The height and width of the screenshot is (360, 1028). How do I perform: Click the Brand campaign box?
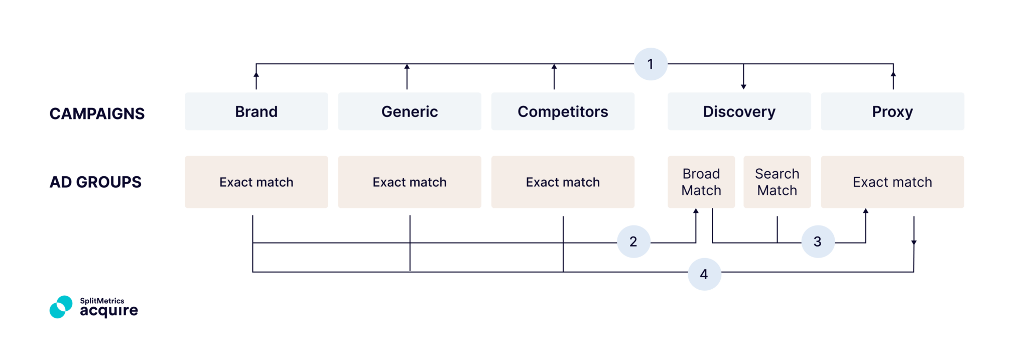[x=256, y=111]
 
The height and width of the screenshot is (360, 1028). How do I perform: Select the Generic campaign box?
[x=409, y=111]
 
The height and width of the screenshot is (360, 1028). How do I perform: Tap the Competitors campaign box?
[x=562, y=111]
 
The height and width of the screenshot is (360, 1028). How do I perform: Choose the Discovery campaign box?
[x=739, y=111]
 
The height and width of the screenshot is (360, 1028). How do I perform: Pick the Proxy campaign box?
[x=892, y=111]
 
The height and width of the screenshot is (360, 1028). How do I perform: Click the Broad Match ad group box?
[x=701, y=182]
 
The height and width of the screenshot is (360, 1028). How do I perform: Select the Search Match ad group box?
[x=777, y=182]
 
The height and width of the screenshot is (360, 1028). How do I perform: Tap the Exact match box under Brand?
[x=256, y=182]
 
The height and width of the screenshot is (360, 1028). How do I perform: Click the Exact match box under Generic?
[x=409, y=182]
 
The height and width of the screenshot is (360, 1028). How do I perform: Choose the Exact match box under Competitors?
[x=562, y=182]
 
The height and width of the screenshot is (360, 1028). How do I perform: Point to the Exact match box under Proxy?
[x=892, y=182]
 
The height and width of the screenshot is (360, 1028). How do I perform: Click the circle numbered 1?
[x=651, y=64]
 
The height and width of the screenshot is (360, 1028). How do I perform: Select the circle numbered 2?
[x=633, y=242]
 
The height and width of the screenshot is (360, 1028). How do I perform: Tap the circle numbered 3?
[x=818, y=242]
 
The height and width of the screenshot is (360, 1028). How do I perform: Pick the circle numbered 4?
[x=704, y=274]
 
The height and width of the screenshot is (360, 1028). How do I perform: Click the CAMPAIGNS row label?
[x=97, y=113]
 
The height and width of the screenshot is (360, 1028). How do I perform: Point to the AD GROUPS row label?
[x=95, y=182]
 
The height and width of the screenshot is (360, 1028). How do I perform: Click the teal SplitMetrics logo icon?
[x=61, y=307]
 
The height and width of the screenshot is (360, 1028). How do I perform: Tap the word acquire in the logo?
[x=109, y=311]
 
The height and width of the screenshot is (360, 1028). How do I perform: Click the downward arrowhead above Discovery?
[x=743, y=87]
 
